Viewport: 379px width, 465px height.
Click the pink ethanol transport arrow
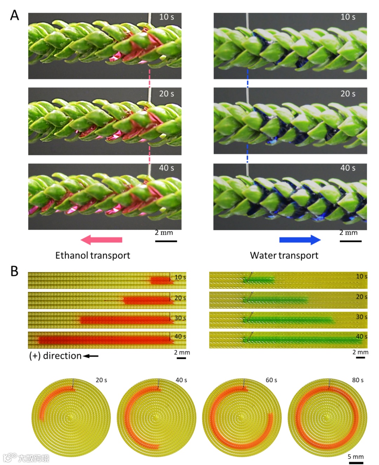[x=101, y=240]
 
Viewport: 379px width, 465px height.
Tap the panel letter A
[x=14, y=15]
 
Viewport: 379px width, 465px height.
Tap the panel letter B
[x=14, y=271]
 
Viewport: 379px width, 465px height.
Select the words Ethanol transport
[x=93, y=255]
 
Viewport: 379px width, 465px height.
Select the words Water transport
[x=284, y=255]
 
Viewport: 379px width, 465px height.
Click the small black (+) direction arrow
[x=91, y=356]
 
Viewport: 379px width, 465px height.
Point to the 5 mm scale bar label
[x=355, y=457]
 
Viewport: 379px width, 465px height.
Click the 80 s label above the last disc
[x=358, y=380]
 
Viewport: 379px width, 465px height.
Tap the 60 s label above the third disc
[x=271, y=380]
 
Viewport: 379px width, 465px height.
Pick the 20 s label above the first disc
[x=101, y=380]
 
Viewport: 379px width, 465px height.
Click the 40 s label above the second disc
[x=181, y=380]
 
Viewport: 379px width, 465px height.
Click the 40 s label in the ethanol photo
[x=166, y=168]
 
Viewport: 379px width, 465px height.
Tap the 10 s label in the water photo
[x=348, y=17]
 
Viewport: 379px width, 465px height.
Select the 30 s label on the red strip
[x=180, y=318]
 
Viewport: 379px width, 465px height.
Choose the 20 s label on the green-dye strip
[x=362, y=297]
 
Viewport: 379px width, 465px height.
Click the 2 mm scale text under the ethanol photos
[x=164, y=233]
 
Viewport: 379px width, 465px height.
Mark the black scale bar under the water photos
[x=350, y=241]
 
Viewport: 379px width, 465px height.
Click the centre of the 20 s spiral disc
[x=71, y=417]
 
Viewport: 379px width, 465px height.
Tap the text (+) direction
[x=55, y=356]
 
